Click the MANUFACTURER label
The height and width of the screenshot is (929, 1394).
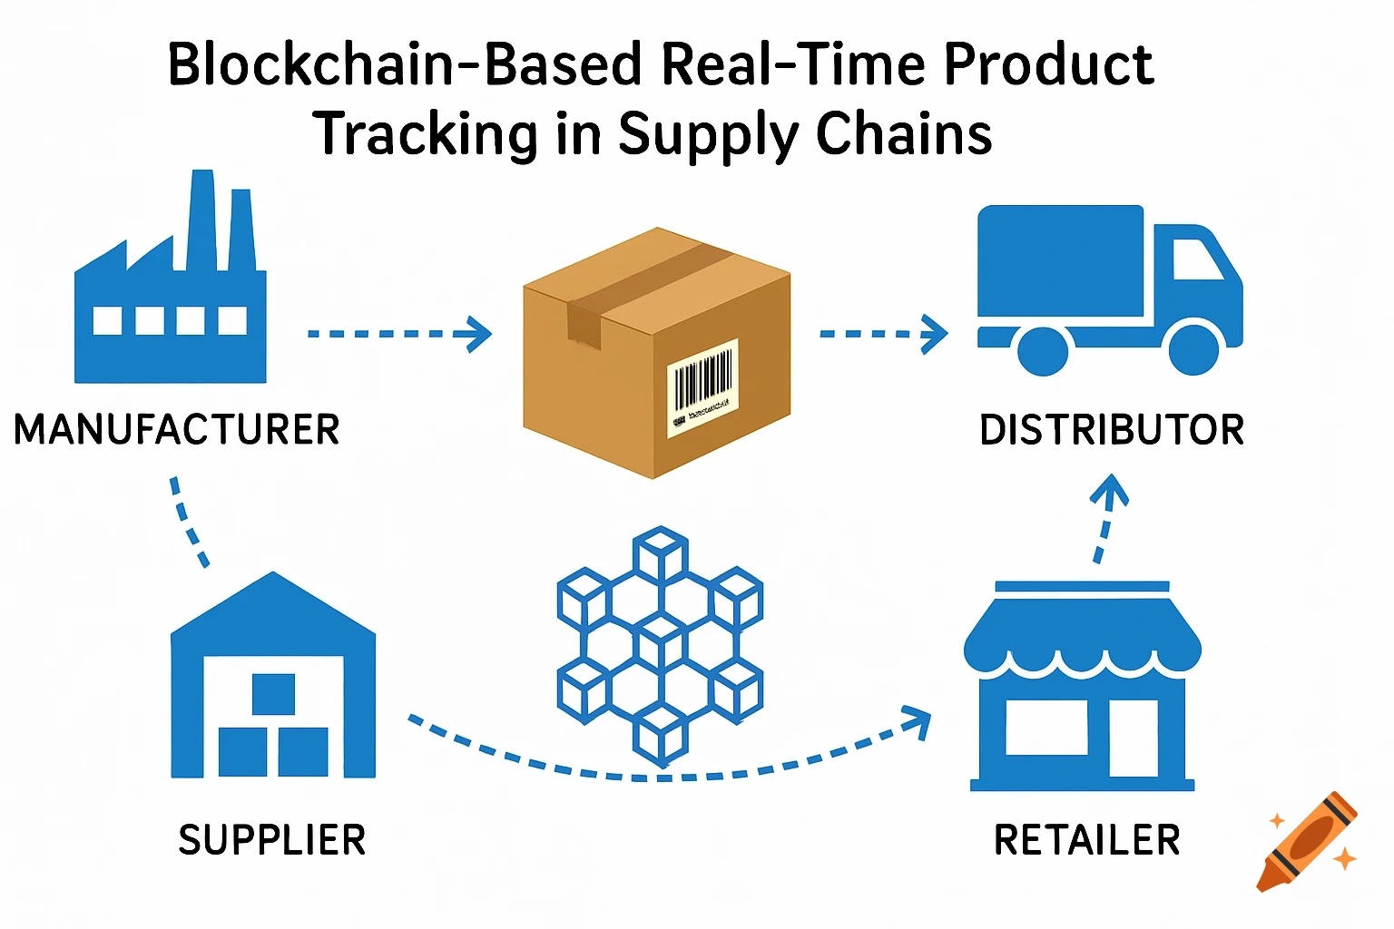click(176, 429)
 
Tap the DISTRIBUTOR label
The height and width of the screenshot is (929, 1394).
click(1111, 430)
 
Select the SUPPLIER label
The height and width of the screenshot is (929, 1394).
click(271, 840)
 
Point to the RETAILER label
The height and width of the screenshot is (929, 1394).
click(1086, 840)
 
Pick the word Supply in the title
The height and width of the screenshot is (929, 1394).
click(707, 134)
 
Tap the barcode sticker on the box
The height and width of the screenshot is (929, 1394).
click(702, 387)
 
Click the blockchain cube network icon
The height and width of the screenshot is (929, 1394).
click(660, 643)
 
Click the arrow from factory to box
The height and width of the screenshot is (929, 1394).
click(399, 334)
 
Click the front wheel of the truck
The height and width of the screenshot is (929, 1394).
click(1193, 349)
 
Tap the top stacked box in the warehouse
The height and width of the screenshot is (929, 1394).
click(273, 694)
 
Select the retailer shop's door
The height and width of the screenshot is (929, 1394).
click(1134, 738)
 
